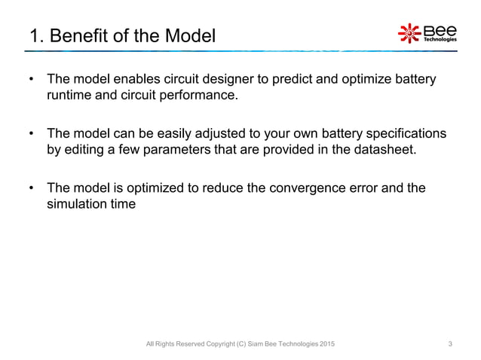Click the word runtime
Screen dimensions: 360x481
click(68, 96)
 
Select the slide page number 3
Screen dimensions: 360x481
click(450, 344)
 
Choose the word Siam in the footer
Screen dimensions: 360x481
click(256, 344)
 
